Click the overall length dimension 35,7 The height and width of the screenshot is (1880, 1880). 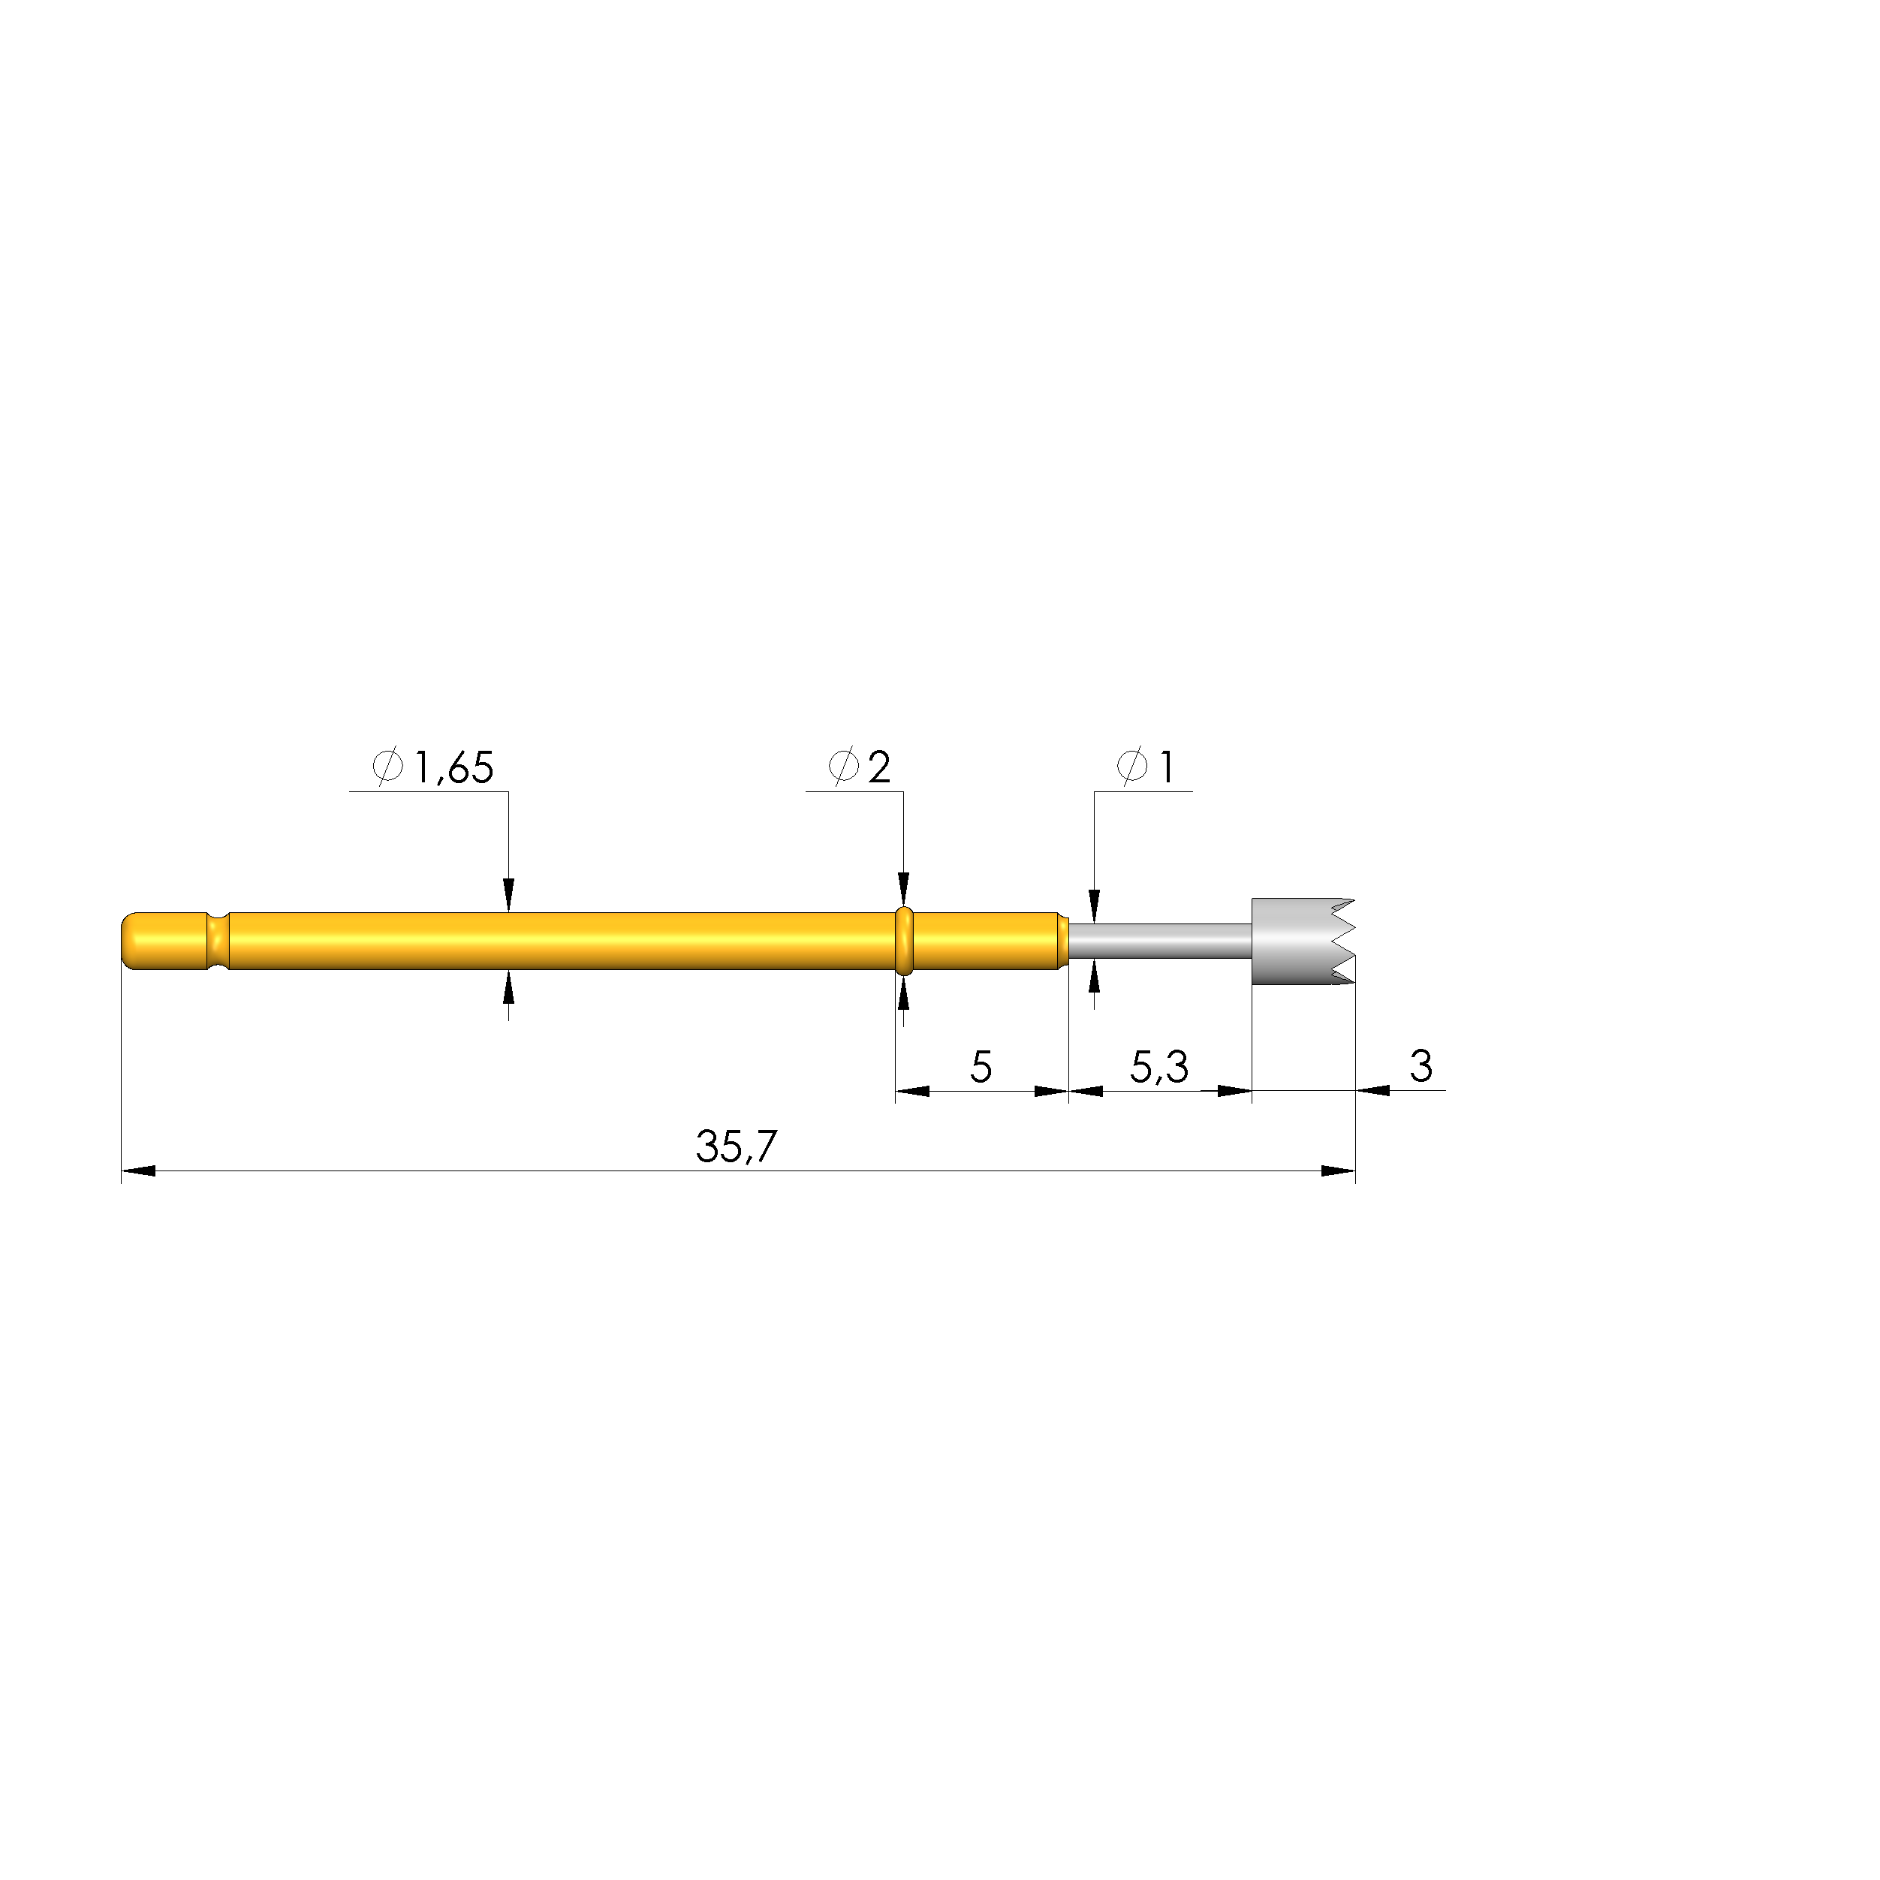737,1147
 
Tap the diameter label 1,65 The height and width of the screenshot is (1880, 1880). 454,769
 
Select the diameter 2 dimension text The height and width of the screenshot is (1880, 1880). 878,769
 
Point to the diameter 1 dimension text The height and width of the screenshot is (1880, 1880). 1163,769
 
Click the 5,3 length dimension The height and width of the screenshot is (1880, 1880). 1159,1068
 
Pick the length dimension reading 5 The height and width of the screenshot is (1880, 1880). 981,1068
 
